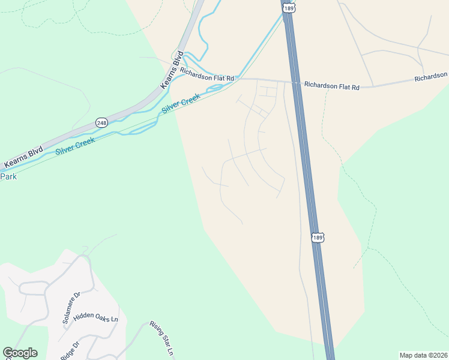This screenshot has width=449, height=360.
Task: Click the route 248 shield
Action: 101,122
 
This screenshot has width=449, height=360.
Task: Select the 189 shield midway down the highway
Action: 318,238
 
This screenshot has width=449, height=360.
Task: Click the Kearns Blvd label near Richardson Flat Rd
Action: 171,71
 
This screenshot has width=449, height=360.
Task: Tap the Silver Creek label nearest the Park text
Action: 77,144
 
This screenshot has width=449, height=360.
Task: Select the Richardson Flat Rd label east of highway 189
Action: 331,86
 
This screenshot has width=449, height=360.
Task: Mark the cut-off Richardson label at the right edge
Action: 431,77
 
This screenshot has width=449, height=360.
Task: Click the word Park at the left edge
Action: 8,176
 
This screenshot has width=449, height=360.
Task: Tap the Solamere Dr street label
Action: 71,308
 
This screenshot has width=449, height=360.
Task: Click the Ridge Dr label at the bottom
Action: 70,350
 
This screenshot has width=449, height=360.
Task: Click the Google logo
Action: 20,353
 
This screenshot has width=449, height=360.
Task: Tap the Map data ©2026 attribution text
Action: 423,355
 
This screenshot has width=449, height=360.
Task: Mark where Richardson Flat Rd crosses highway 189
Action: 295,82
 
